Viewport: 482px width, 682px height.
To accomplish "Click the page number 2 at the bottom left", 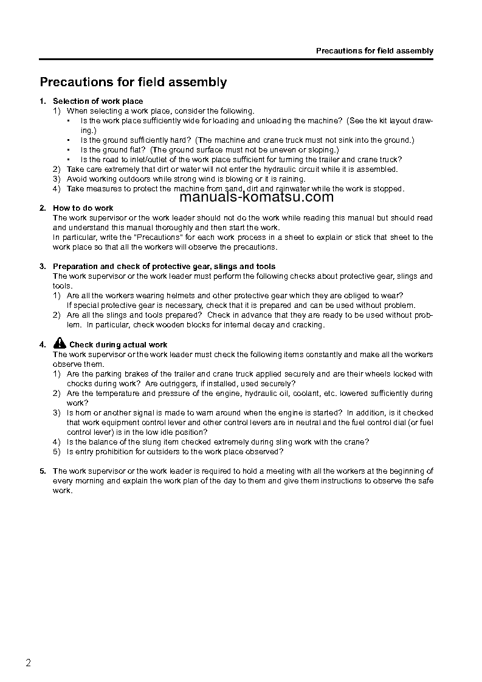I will click(x=28, y=663).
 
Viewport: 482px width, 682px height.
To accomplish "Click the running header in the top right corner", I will click(x=374, y=51).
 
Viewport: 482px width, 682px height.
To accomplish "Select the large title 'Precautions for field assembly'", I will click(x=133, y=82).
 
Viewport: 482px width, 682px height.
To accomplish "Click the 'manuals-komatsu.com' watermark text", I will click(x=257, y=197).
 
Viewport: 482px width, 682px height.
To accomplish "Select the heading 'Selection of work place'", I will click(x=98, y=101).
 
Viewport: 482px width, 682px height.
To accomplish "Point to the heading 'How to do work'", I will click(x=83, y=208).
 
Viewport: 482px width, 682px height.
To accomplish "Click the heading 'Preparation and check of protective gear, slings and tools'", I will click(x=164, y=267).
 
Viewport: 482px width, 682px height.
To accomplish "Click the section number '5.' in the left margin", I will click(x=43, y=471).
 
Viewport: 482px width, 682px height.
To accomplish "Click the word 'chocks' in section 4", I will click(x=78, y=384).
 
